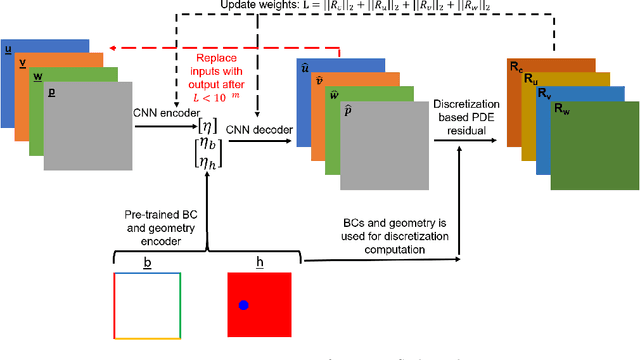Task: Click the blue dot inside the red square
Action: (x=243, y=304)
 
